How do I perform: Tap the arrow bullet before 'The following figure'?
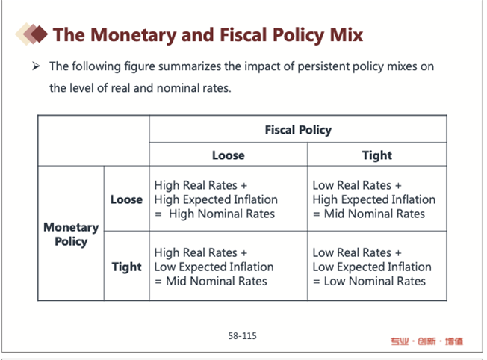coord(36,66)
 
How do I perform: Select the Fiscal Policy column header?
coord(298,130)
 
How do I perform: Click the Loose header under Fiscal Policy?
coord(228,155)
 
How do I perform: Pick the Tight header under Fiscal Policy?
coord(376,155)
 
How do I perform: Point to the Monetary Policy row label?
coord(71,234)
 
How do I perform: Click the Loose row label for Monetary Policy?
coord(126,199)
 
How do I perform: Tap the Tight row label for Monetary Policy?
coord(126,267)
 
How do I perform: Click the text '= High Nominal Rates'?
coord(215,214)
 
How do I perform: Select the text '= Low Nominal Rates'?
coord(369,281)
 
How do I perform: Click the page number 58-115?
coord(243,336)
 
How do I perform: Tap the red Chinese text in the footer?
coord(426,341)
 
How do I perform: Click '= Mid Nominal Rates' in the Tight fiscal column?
coord(369,214)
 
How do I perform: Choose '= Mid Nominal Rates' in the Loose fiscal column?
coord(211,281)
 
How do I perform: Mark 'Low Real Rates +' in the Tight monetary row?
coord(357,252)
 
